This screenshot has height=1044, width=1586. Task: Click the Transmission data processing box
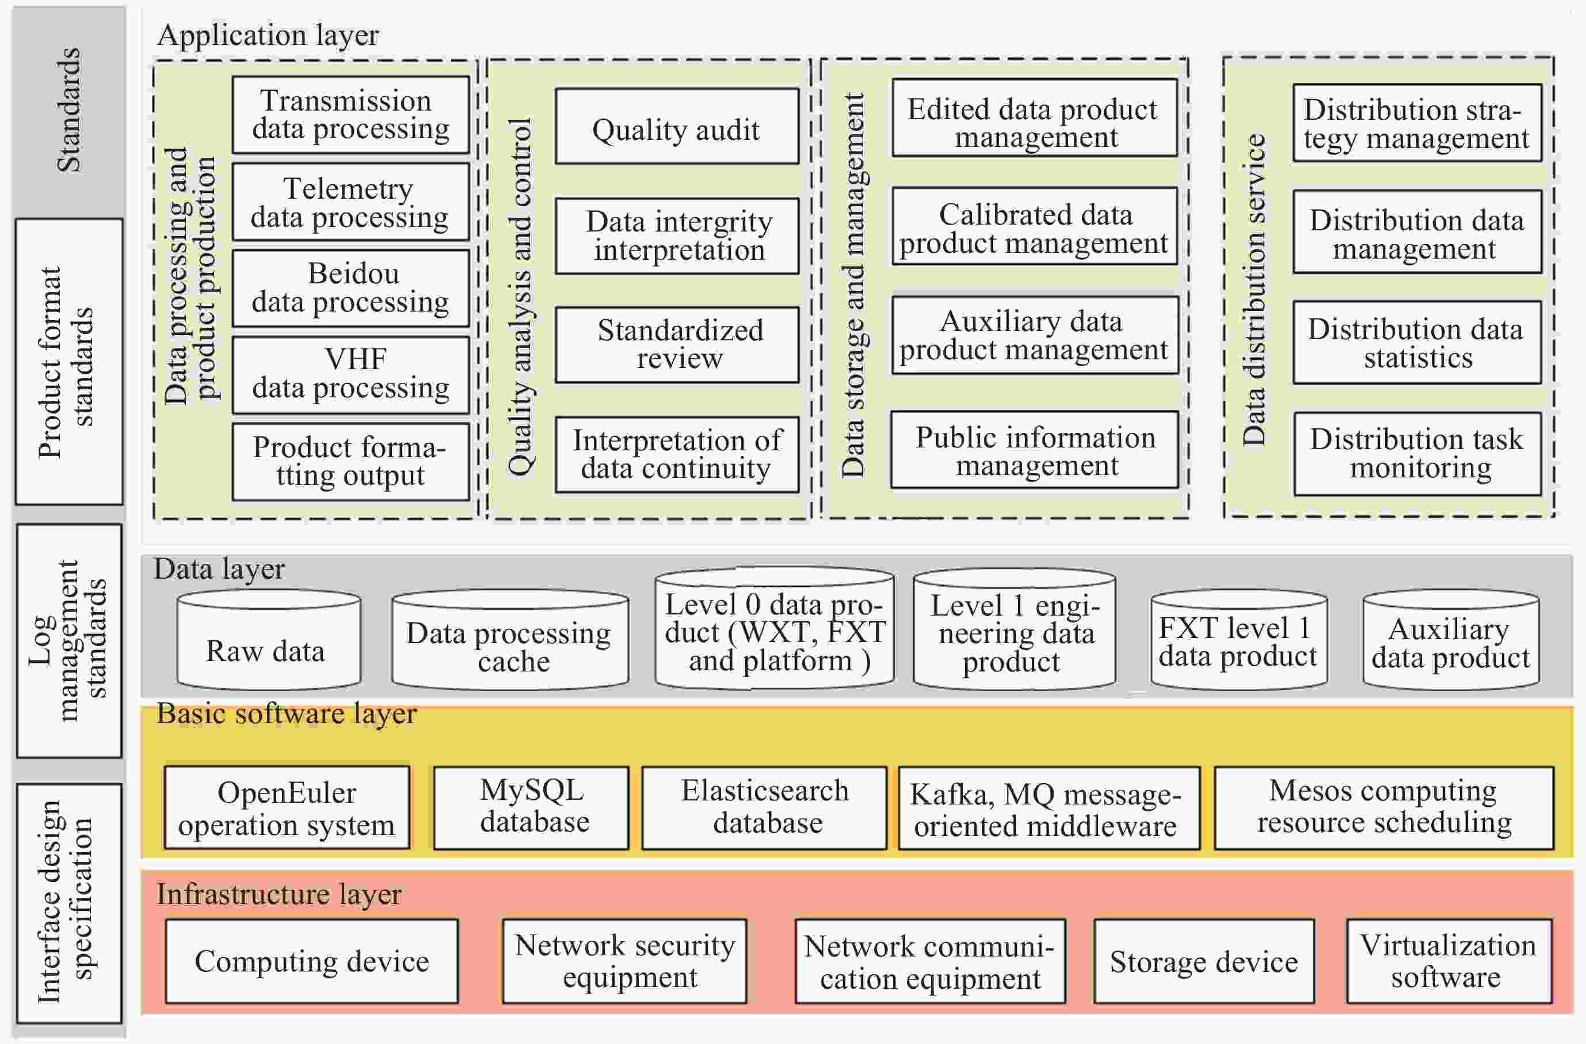(350, 115)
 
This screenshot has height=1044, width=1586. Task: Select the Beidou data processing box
(350, 288)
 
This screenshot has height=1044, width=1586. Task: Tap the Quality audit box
(677, 126)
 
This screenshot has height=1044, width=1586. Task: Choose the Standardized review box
(677, 345)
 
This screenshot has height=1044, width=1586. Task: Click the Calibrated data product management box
(1035, 227)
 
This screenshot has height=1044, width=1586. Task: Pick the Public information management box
(1035, 450)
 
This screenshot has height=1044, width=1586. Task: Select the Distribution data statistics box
(1417, 343)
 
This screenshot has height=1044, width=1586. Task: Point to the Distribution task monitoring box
(1418, 454)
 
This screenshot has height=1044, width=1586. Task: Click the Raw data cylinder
(269, 640)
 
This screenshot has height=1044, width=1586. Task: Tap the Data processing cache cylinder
(510, 640)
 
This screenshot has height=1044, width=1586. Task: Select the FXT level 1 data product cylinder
(1239, 640)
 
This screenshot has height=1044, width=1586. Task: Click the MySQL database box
(531, 807)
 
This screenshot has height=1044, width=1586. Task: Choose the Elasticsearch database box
(764, 807)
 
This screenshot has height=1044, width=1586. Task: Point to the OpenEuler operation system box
(287, 807)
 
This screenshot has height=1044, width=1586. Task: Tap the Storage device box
(1204, 961)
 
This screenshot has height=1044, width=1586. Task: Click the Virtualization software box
(1448, 961)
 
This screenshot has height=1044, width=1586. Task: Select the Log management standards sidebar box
(69, 641)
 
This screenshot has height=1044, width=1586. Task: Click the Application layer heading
(268, 35)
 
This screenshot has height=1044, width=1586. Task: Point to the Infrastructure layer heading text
(279, 895)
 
